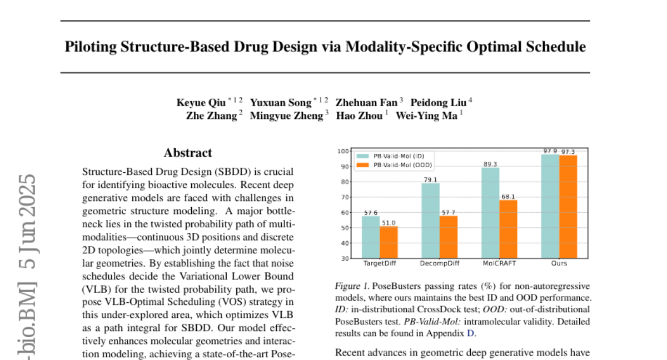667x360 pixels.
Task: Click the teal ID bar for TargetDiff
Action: pyautogui.click(x=371, y=237)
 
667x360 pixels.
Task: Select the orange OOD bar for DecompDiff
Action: pyautogui.click(x=448, y=237)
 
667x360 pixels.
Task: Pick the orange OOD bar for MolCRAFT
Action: pyautogui.click(x=508, y=229)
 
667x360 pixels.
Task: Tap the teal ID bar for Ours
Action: pyautogui.click(x=550, y=206)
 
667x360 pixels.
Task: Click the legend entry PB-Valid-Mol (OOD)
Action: pyautogui.click(x=403, y=165)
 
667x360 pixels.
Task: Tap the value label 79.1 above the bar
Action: pyautogui.click(x=430, y=179)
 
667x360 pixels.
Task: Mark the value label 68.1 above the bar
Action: pyautogui.click(x=508, y=196)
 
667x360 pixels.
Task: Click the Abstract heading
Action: pyautogui.click(x=188, y=153)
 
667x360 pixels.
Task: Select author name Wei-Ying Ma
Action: pyautogui.click(x=426, y=116)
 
